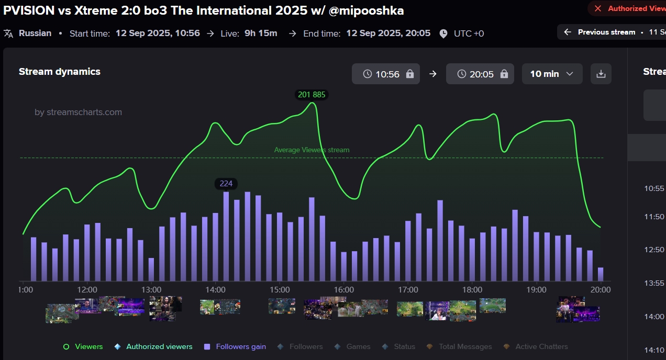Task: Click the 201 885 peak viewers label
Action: click(312, 95)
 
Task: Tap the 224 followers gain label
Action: click(226, 184)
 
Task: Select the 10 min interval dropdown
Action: click(552, 74)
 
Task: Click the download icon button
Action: click(601, 74)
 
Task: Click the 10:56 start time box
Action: click(386, 74)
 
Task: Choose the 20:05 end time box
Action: click(480, 74)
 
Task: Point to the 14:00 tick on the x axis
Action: click(215, 290)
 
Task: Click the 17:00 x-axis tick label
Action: click(408, 290)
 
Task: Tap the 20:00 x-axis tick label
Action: click(601, 290)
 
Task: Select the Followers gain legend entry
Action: click(240, 346)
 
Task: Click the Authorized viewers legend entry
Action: click(159, 346)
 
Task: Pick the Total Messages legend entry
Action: click(465, 346)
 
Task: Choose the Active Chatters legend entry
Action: click(541, 346)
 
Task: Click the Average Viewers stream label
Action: click(312, 150)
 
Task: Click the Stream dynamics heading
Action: click(60, 72)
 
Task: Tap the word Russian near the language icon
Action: click(35, 33)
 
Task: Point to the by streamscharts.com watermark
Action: click(78, 112)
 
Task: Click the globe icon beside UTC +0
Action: click(443, 33)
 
